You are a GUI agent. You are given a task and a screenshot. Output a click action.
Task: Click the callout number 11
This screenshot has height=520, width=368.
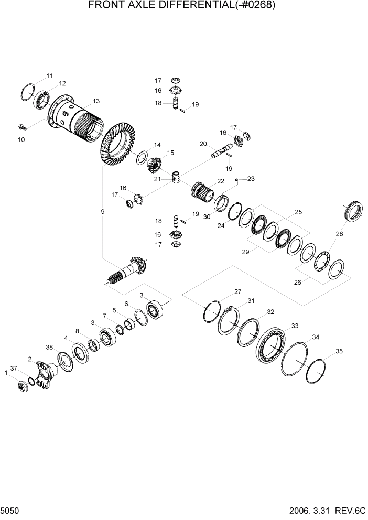point(49,76)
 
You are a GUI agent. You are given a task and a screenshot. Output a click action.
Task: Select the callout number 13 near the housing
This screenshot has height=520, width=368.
point(96,101)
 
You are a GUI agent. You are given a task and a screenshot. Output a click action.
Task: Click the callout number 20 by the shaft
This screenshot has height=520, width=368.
point(203,143)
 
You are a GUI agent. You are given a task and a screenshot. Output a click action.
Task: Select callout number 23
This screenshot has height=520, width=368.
point(251,179)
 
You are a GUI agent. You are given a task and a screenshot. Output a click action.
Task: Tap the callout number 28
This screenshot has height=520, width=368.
point(340,234)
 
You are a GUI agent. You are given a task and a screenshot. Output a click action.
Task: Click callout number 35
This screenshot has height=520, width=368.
point(339,351)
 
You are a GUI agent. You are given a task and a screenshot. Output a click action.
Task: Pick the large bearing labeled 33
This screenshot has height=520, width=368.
point(273,345)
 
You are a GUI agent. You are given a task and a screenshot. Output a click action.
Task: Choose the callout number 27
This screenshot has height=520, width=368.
point(237,291)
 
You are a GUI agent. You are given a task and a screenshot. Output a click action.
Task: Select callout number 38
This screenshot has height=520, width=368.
point(49,347)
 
